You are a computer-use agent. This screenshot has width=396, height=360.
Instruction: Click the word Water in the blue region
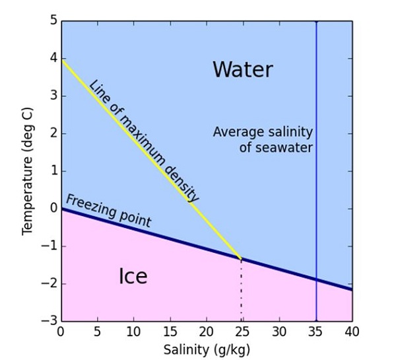pyautogui.click(x=242, y=69)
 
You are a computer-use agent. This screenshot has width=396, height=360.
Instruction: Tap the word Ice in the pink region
pyautogui.click(x=133, y=276)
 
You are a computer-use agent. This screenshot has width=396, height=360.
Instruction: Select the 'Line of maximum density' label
pyautogui.click(x=143, y=141)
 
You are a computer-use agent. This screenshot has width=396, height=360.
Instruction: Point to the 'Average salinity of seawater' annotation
pyautogui.click(x=263, y=139)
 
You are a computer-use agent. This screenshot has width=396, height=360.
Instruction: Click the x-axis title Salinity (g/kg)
pyautogui.click(x=206, y=348)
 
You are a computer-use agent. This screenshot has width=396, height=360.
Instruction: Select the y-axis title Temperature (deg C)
pyautogui.click(x=27, y=171)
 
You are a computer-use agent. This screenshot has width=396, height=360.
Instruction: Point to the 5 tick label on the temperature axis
pyautogui.click(x=53, y=20)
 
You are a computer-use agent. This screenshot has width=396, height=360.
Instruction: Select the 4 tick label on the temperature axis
pyautogui.click(x=53, y=58)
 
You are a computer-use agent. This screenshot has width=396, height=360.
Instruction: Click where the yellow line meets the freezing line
pyautogui.click(x=241, y=258)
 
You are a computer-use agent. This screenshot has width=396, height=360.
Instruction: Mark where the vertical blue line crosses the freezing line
pyautogui.click(x=316, y=279)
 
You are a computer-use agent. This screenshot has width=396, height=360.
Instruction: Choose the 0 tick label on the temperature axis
pyautogui.click(x=53, y=209)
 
